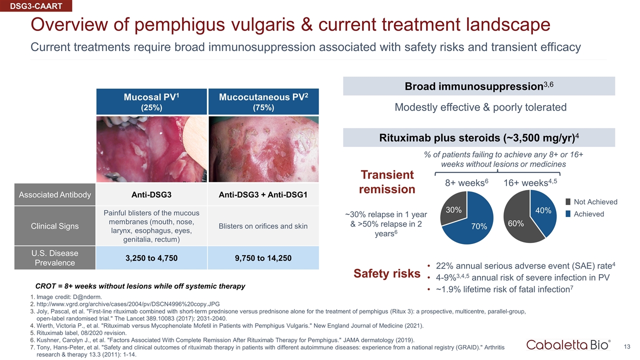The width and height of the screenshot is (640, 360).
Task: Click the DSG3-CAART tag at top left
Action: [x=36, y=5]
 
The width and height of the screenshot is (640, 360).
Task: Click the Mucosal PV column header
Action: [x=151, y=101]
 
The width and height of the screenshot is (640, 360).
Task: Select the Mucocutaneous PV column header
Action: [x=263, y=101]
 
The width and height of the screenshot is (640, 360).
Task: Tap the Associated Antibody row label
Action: [x=55, y=194]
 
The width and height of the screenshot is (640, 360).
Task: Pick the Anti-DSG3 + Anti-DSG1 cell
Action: [x=263, y=194]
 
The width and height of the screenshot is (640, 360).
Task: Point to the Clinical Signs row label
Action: [x=55, y=226]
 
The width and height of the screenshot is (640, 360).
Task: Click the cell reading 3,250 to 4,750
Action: [x=151, y=258]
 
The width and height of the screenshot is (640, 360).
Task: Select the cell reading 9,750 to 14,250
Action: [x=263, y=258]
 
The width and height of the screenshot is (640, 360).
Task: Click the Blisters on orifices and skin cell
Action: [x=263, y=226]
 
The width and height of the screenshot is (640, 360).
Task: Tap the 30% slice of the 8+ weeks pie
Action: [x=454, y=209]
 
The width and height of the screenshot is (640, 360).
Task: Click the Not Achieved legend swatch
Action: [x=568, y=202]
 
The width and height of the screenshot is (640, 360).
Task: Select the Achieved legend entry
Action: [x=585, y=214]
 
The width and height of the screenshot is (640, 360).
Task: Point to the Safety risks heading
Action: [x=387, y=273]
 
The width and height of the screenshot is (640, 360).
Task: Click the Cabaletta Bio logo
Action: [x=568, y=345]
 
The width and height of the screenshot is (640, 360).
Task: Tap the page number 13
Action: [x=627, y=346]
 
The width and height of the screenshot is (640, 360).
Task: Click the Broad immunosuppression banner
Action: [x=479, y=86]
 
